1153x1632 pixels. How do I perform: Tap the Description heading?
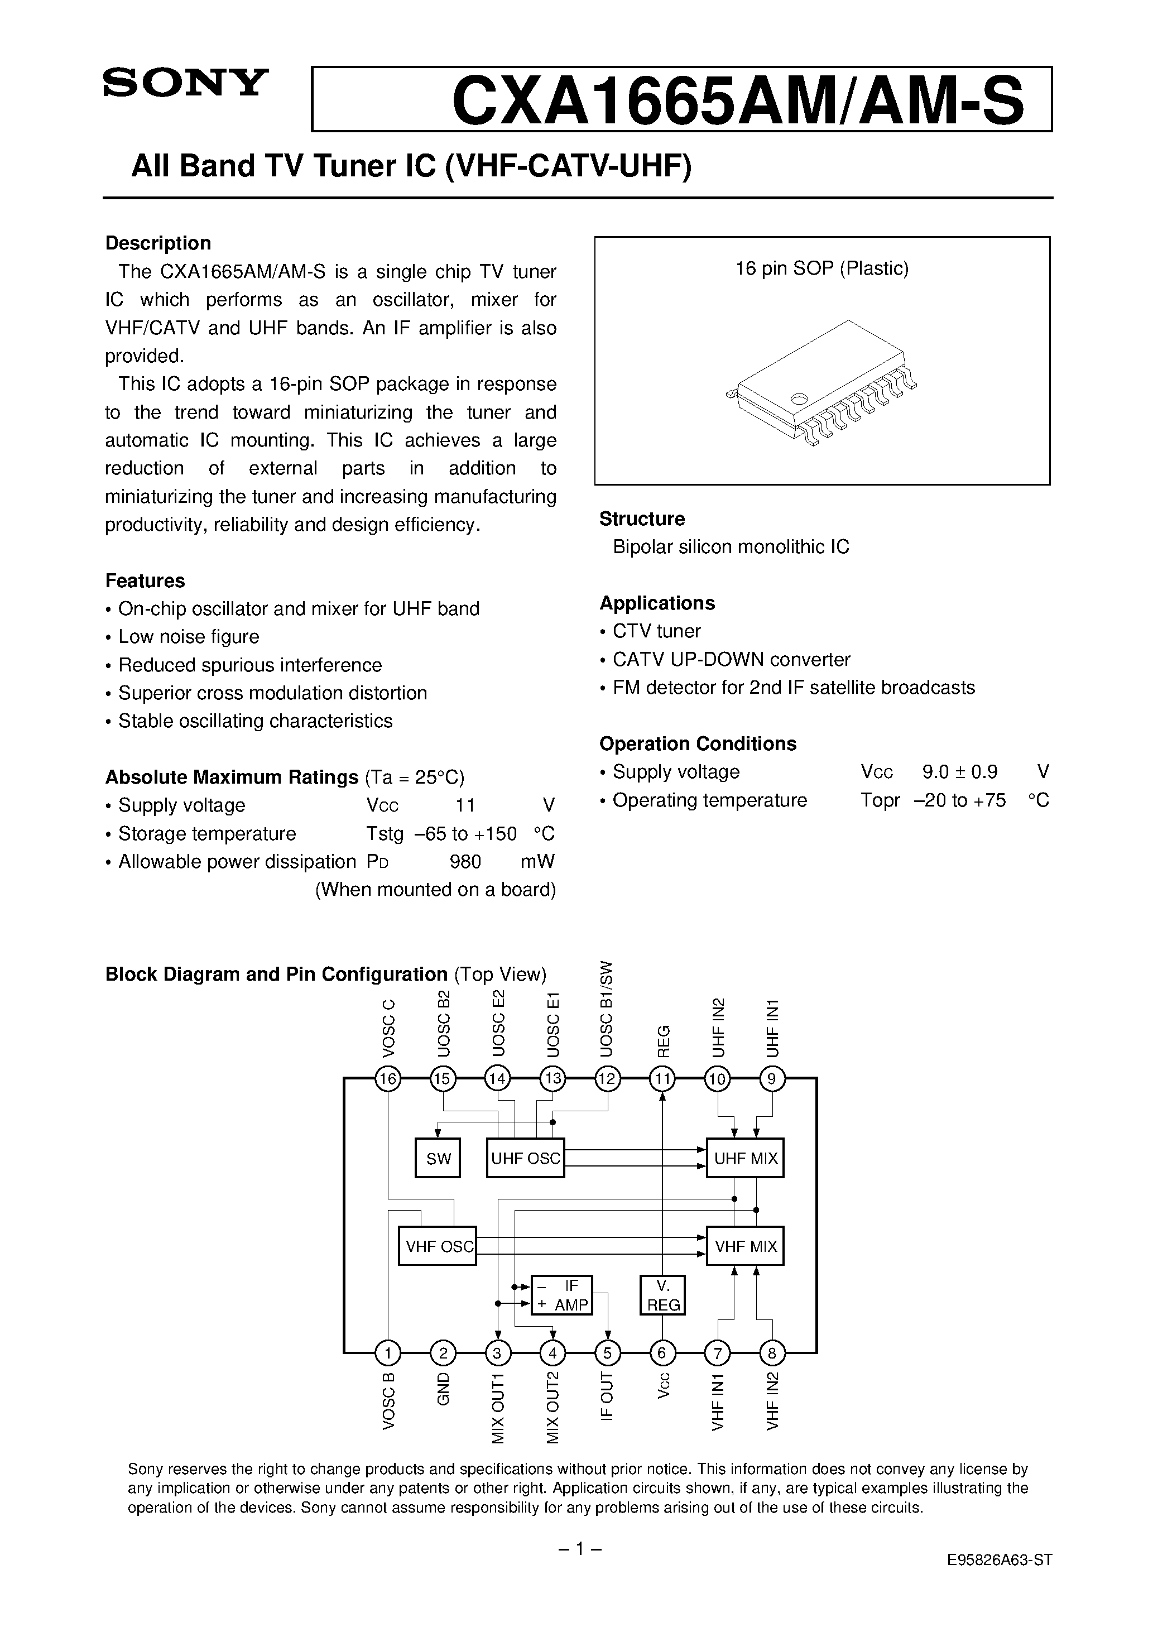158,243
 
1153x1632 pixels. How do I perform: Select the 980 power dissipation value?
465,862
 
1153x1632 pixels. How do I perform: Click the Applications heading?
657,603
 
